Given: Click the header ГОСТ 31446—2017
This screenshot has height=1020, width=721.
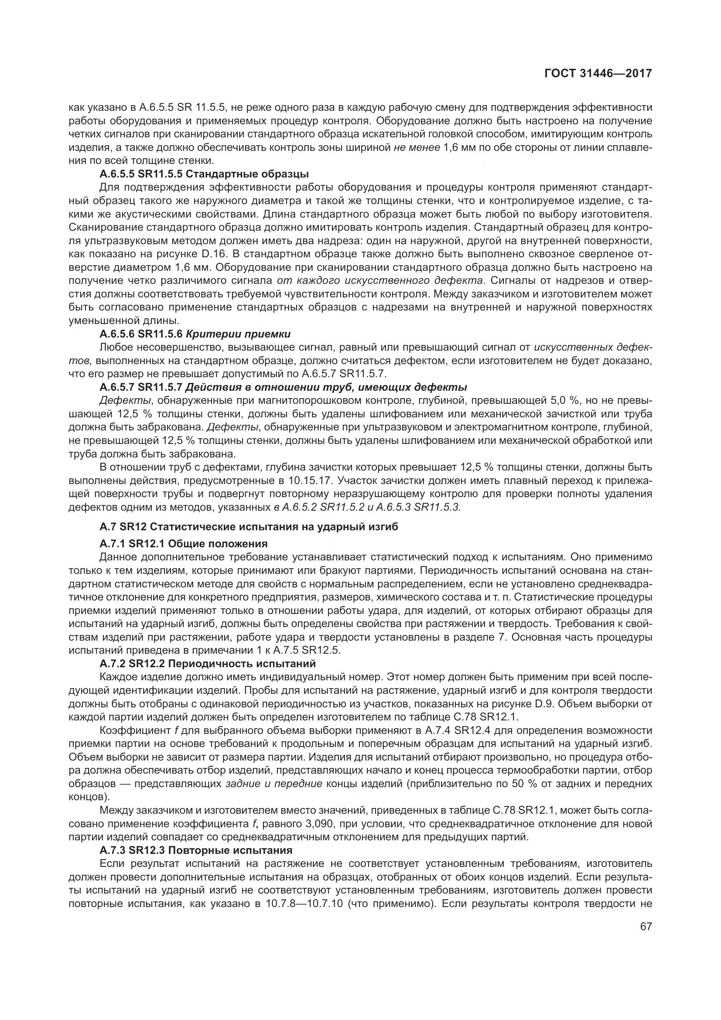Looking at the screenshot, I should pyautogui.click(x=598, y=73).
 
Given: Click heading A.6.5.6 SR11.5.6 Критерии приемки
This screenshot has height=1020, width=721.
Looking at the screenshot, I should pyautogui.click(x=195, y=334).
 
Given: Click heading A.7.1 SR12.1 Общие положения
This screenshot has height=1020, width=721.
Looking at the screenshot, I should pyautogui.click(x=184, y=544).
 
